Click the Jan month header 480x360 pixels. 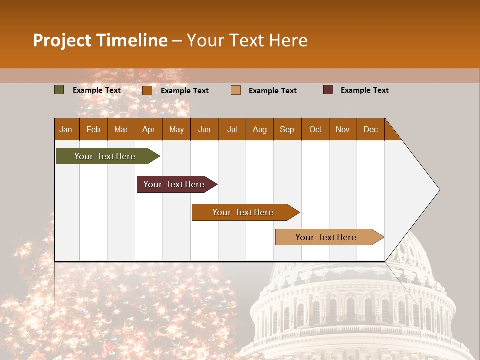pyautogui.click(x=66, y=129)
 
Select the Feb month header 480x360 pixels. pyautogui.click(x=93, y=129)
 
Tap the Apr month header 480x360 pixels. pyautogui.click(x=148, y=129)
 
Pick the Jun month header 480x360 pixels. pyautogui.click(x=204, y=129)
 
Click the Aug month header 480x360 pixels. pyautogui.click(x=259, y=129)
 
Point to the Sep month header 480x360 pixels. pyautogui.click(x=287, y=129)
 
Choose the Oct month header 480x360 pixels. pyautogui.click(x=315, y=129)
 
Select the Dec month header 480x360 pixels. pyautogui.click(x=370, y=129)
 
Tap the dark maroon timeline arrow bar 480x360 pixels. pyautogui.click(x=175, y=184)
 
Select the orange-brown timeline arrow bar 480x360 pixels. pyautogui.click(x=244, y=212)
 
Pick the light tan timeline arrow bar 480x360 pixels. pyautogui.click(x=327, y=237)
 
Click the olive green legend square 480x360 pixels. pyautogui.click(x=59, y=90)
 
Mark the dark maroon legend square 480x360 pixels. pyautogui.click(x=328, y=90)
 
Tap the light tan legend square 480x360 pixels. pyautogui.click(x=236, y=90)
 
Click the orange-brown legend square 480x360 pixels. pyautogui.click(x=147, y=90)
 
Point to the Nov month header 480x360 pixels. pyautogui.click(x=343, y=129)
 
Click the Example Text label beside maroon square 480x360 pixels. pyautogui.click(x=364, y=90)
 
